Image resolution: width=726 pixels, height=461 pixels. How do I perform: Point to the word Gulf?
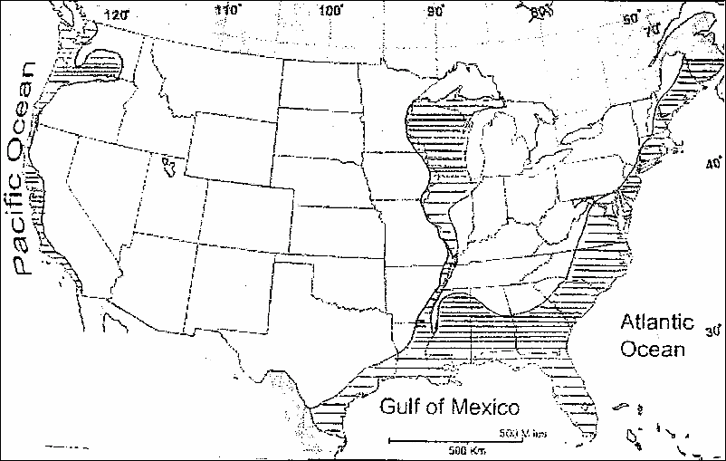tap(404, 405)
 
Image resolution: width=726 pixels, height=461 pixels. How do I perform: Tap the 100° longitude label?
tap(337, 10)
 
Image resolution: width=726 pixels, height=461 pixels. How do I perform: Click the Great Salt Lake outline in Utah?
tap(167, 166)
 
